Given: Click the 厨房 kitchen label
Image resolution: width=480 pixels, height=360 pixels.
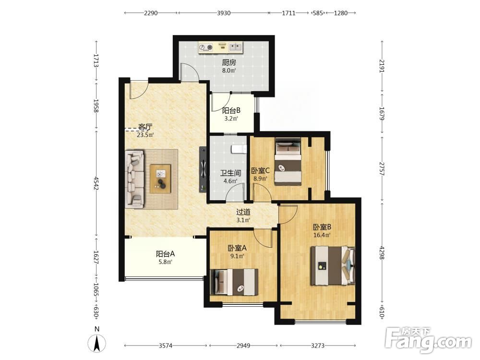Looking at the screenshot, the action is coord(229,63).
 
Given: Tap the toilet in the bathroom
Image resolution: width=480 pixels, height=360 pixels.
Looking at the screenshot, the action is coord(239,149).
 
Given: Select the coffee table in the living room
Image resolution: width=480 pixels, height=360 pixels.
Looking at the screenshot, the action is coord(160,179).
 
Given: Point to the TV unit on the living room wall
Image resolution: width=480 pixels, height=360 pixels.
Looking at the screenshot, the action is coord(203,169).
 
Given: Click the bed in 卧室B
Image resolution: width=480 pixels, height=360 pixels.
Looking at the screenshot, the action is coord(333,266).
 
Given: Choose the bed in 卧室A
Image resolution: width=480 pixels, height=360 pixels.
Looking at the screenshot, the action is coord(234,282).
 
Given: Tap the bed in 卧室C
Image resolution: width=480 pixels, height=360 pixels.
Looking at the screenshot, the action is coord(288,162).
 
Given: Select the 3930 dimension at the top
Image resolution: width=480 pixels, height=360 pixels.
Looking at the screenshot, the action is coord(224,13).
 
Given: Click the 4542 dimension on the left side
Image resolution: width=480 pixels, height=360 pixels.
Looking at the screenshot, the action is coord(96,183).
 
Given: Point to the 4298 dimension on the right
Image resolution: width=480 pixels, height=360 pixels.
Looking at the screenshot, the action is coord(382,252).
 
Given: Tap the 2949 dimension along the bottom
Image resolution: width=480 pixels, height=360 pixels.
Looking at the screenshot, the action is coord(243,346).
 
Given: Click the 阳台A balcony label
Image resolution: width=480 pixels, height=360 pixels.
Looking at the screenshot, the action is coord(165,254).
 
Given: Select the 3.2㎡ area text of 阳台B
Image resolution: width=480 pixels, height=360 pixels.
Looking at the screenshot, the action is coord(231,119).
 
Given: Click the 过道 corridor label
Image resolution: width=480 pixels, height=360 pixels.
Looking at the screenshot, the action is coord(243,212).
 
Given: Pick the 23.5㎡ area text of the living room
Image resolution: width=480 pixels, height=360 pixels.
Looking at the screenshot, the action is coord(145,135).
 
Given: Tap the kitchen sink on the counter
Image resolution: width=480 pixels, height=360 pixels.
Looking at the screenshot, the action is coord(236,47).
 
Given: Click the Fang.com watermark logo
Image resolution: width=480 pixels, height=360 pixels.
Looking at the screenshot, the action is coord(428,340).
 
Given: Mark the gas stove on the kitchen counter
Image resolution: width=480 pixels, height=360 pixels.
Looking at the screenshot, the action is coord(206,47).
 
